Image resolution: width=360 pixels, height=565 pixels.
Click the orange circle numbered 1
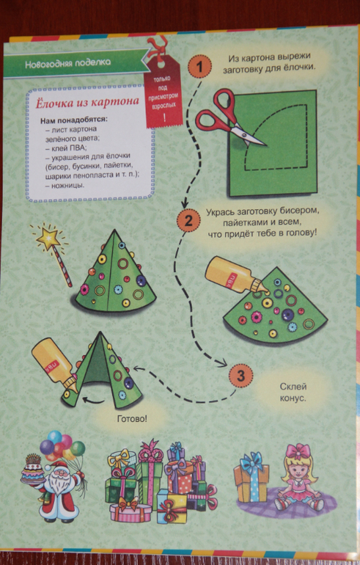click(x=200, y=66)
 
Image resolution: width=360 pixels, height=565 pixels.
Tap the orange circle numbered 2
click(x=188, y=220)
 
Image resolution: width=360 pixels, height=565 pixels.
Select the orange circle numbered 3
click(x=240, y=376)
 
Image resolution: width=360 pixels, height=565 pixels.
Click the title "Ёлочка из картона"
click(x=87, y=102)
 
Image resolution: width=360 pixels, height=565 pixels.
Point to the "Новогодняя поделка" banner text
click(x=67, y=63)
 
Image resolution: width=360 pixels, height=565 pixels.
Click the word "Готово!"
click(x=132, y=419)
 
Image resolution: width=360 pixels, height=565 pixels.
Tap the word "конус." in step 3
click(x=293, y=398)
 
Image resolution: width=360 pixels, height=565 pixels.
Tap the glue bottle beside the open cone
click(x=54, y=365)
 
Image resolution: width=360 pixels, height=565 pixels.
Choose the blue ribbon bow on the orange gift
click(x=251, y=461)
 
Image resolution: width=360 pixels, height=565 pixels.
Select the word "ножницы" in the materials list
click(x=67, y=186)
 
